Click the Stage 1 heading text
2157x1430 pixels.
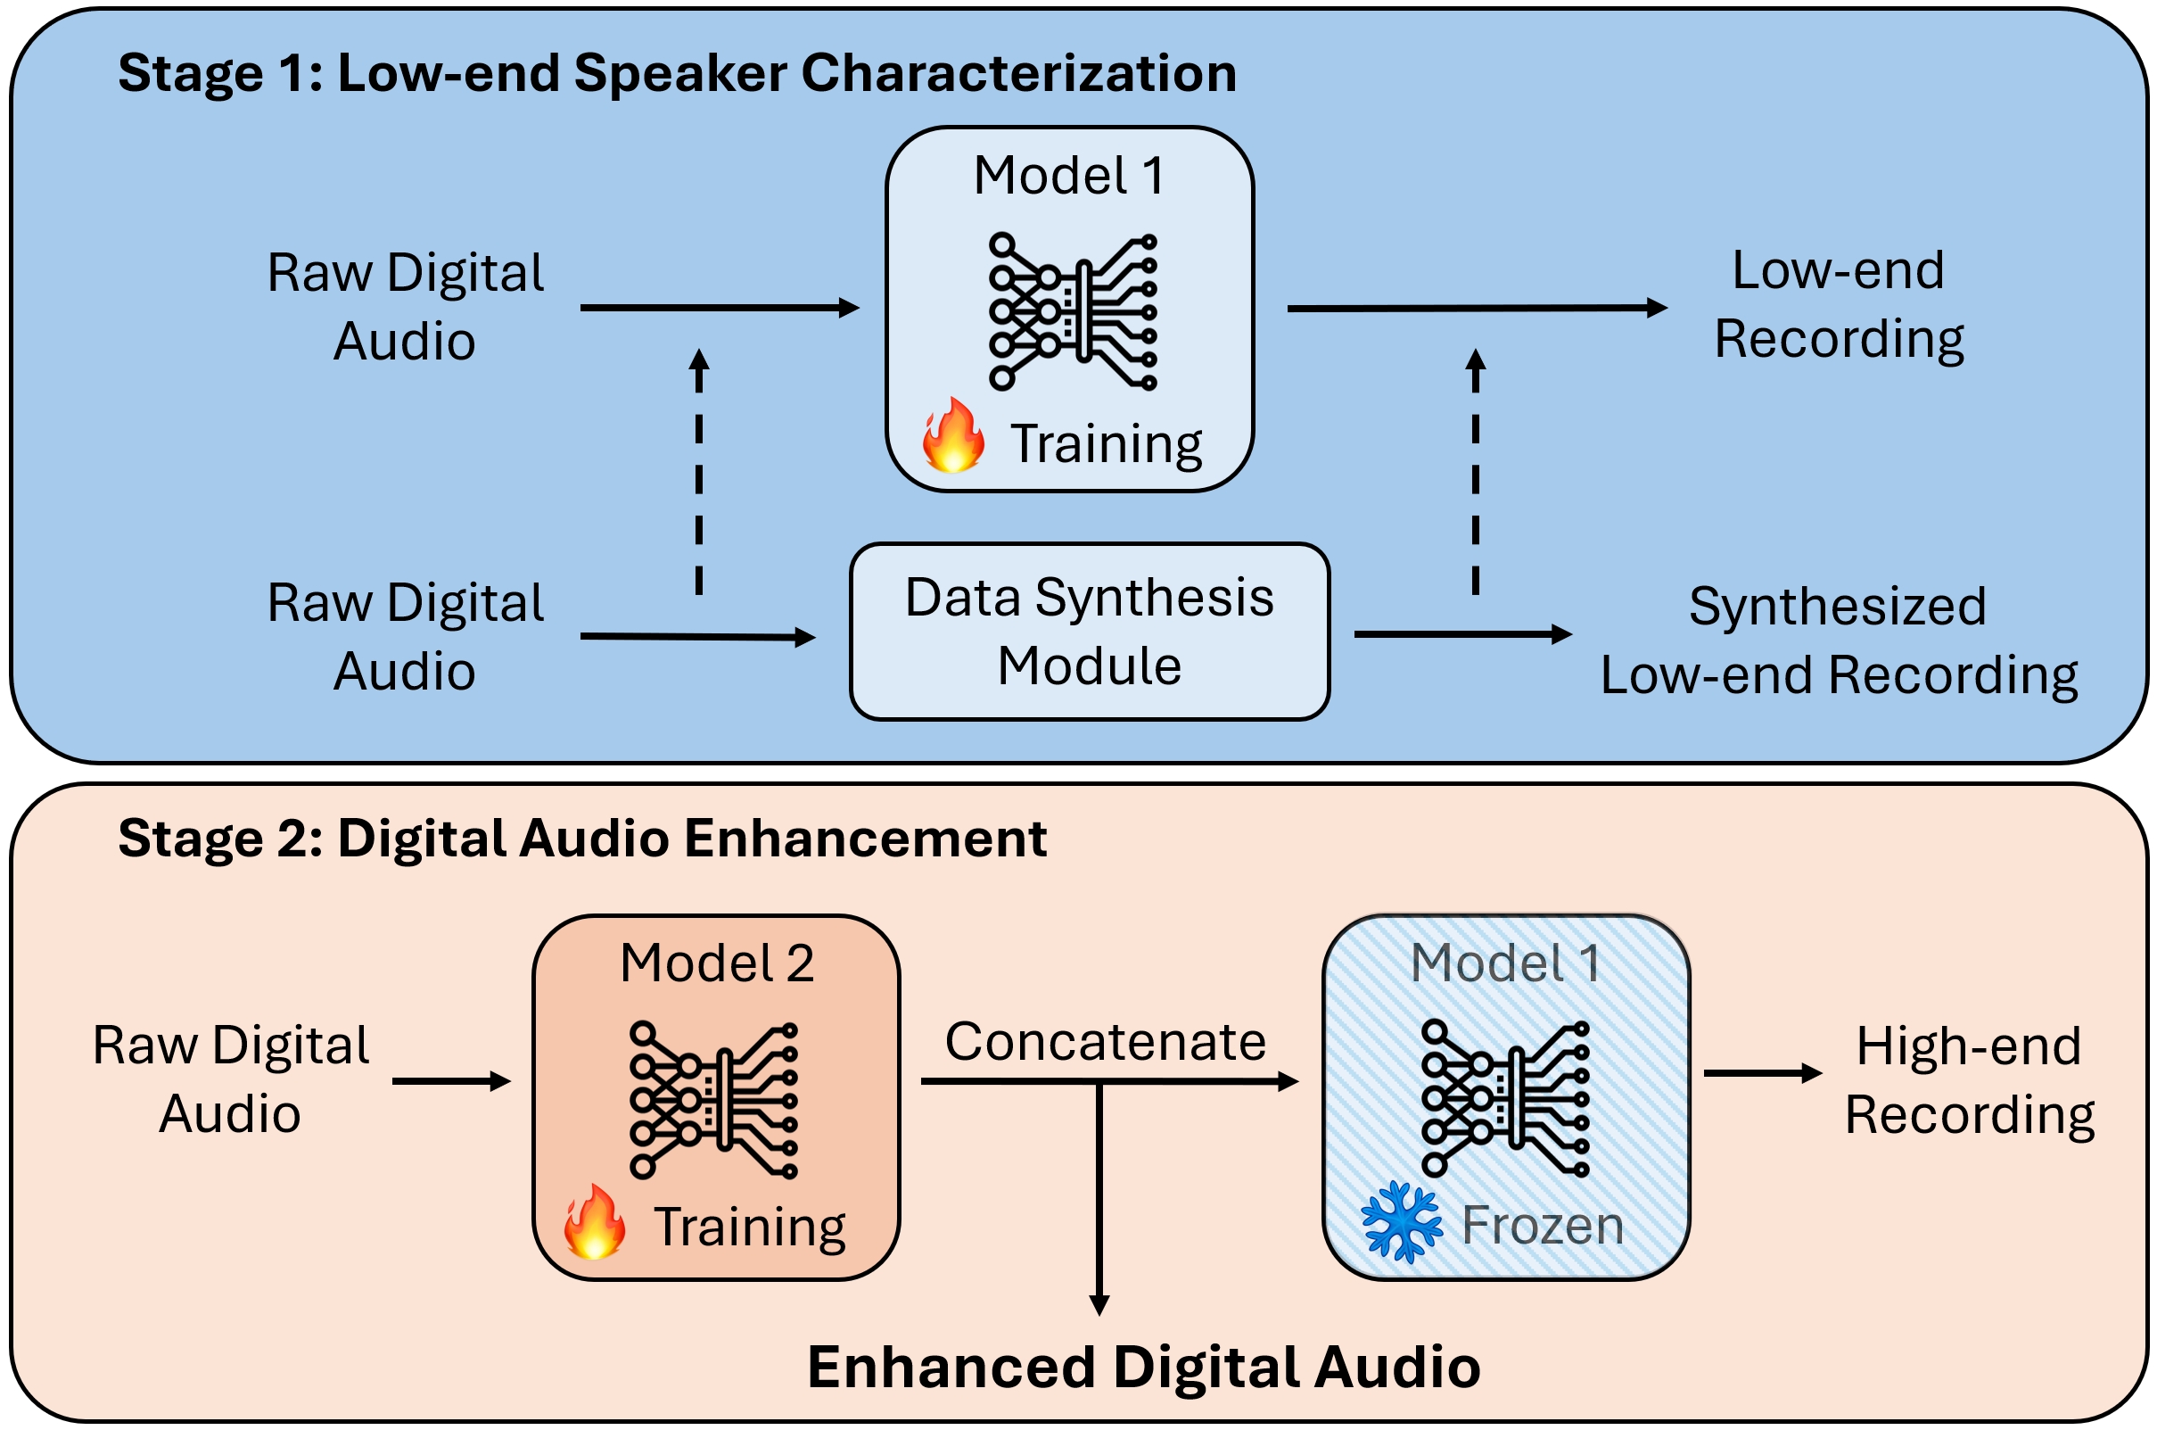677,73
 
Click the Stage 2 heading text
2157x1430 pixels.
581,839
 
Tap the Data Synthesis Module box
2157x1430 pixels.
1089,631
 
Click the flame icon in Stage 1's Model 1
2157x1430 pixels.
952,436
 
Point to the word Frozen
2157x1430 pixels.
1542,1225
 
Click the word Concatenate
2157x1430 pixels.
1105,1041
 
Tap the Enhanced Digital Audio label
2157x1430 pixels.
1143,1367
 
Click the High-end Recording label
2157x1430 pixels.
1969,1079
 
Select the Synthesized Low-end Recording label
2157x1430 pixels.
1838,641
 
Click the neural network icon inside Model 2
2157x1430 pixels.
713,1100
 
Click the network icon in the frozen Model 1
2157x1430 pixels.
1504,1098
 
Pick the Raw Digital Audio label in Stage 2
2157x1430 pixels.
231,1079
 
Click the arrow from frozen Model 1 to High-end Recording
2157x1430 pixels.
1761,1073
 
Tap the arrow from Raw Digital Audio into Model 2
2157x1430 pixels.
450,1081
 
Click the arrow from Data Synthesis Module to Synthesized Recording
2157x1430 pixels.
1461,634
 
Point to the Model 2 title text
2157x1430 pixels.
717,963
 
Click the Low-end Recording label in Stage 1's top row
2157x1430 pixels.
1838,304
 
